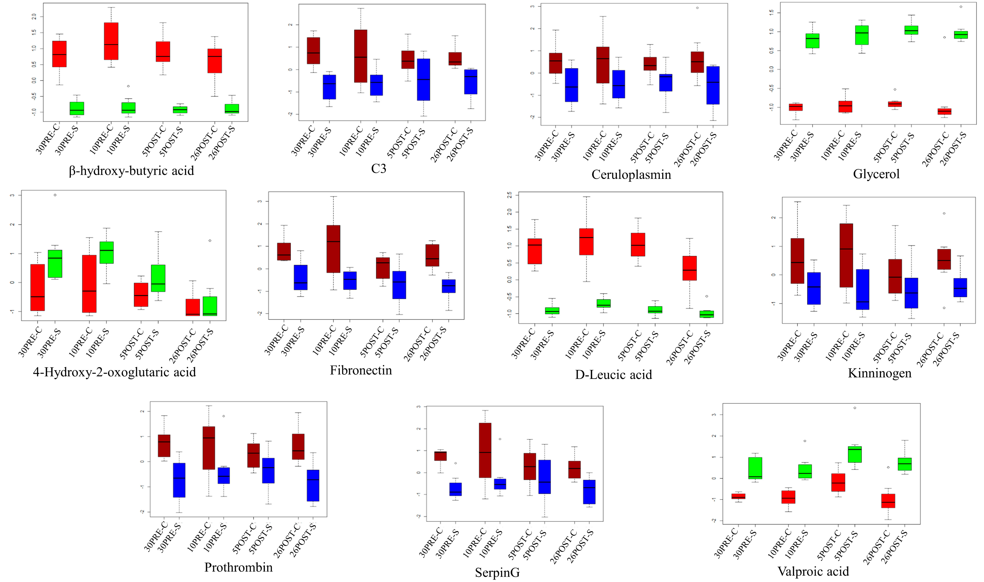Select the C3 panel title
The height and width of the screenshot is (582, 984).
tap(378, 169)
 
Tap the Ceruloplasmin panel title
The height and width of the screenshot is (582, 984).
tap(631, 174)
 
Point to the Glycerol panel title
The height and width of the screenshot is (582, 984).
tap(876, 174)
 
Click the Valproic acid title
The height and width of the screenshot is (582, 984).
tap(813, 571)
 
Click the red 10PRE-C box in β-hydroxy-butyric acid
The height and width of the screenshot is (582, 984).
tap(111, 41)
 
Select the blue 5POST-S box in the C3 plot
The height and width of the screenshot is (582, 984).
tap(423, 80)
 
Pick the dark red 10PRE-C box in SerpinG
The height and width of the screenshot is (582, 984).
tap(485, 450)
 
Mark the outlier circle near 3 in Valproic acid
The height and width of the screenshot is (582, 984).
tap(855, 408)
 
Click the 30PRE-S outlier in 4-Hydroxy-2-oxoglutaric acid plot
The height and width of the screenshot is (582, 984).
tap(55, 195)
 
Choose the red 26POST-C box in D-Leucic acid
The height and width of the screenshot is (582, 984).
tap(689, 268)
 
